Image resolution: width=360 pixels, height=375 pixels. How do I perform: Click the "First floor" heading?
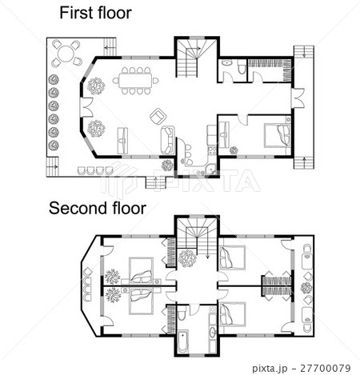pyautogui.click(x=95, y=13)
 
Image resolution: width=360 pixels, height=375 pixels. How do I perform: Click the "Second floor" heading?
pyautogui.click(x=98, y=208)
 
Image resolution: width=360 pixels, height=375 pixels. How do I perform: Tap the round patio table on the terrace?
pyautogui.click(x=66, y=54)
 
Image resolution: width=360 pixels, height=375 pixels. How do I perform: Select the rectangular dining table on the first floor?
pyautogui.click(x=135, y=80)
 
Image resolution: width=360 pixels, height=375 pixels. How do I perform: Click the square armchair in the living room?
pyautogui.click(x=158, y=116)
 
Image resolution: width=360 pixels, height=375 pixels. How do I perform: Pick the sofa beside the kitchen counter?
pyautogui.click(x=168, y=140)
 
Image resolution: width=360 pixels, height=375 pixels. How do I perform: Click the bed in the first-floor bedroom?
pyautogui.click(x=278, y=135)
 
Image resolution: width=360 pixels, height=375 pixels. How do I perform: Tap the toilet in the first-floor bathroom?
pyautogui.click(x=242, y=67)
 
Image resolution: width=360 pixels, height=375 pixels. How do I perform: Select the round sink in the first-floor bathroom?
pyautogui.click(x=227, y=63)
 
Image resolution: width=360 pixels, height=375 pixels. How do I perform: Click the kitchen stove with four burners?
pyautogui.click(x=212, y=150)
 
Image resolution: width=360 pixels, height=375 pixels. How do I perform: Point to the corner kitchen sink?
pyautogui.click(x=211, y=170)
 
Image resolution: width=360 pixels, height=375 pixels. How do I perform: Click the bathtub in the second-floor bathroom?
pyautogui.click(x=182, y=341)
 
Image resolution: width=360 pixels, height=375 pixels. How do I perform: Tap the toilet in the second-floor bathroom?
pyautogui.click(x=181, y=313)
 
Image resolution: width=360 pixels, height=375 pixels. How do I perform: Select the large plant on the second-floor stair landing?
pyautogui.click(x=187, y=258)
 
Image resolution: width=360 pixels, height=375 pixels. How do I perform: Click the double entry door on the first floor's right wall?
pyautogui.click(x=298, y=98)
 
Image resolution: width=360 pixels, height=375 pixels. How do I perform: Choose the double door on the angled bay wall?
pyautogui.click(x=86, y=107)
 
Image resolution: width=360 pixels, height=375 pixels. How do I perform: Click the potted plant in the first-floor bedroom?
pyautogui.click(x=234, y=150)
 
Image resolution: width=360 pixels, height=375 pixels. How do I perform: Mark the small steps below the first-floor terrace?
pyautogui.click(x=156, y=183)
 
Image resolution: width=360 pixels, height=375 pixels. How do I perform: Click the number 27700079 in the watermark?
pyautogui.click(x=326, y=369)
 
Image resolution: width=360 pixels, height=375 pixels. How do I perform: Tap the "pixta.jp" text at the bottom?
pyautogui.click(x=270, y=369)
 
